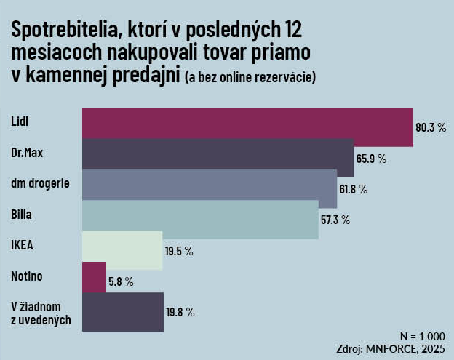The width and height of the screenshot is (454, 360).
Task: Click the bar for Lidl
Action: pyautogui.click(x=247, y=127)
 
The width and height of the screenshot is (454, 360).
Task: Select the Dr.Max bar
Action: pyautogui.click(x=218, y=158)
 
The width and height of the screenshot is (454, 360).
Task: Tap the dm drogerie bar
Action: pyautogui.click(x=209, y=188)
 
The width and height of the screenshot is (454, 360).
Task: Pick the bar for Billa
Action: pyautogui.click(x=200, y=219)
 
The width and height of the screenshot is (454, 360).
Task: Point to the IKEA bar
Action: pyautogui.click(x=122, y=250)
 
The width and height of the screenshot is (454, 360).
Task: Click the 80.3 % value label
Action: pyautogui.click(x=430, y=127)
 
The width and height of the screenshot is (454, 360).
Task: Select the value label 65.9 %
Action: pyautogui.click(x=371, y=158)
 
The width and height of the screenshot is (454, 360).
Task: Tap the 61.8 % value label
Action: pyautogui.click(x=354, y=189)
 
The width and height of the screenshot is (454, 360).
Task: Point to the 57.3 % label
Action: pyautogui.click(x=335, y=220)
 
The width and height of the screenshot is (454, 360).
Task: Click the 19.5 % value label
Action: pyautogui.click(x=178, y=251)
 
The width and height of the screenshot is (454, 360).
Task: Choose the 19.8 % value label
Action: pyautogui.click(x=180, y=312)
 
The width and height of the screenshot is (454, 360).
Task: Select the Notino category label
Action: pyautogui.click(x=27, y=276)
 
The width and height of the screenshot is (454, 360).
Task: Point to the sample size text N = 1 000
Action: pyautogui.click(x=422, y=336)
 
